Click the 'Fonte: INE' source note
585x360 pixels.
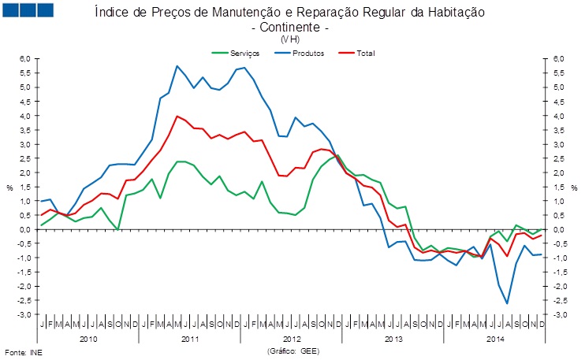(x=24, y=352)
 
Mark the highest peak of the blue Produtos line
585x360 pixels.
(x=177, y=65)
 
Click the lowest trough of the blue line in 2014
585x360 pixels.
(x=507, y=303)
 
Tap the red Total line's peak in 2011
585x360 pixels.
(x=177, y=116)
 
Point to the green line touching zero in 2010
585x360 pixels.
(x=118, y=229)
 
